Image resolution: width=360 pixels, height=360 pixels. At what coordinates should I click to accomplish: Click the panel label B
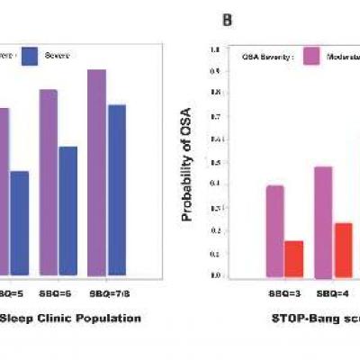(x=228, y=19)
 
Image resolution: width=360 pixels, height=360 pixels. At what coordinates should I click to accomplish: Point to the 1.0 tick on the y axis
(x=216, y=49)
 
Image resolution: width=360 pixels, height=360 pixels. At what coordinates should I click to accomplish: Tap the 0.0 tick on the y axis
(x=216, y=276)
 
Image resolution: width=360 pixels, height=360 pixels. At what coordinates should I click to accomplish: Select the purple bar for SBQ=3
(x=275, y=231)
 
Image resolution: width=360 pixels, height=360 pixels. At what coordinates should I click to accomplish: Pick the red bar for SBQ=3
(x=294, y=258)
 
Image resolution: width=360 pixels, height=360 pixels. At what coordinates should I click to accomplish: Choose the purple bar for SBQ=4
(x=323, y=221)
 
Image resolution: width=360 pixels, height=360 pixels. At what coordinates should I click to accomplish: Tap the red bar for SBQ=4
(x=343, y=249)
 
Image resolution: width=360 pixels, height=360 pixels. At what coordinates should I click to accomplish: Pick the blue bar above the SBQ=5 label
(x=20, y=222)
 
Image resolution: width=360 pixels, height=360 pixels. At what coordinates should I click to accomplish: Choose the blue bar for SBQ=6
(x=67, y=211)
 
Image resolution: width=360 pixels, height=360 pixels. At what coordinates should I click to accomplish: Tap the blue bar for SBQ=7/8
(x=116, y=190)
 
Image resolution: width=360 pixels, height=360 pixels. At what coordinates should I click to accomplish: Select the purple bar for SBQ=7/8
(x=97, y=172)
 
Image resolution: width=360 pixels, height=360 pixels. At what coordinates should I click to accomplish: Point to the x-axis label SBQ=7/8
(x=107, y=292)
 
